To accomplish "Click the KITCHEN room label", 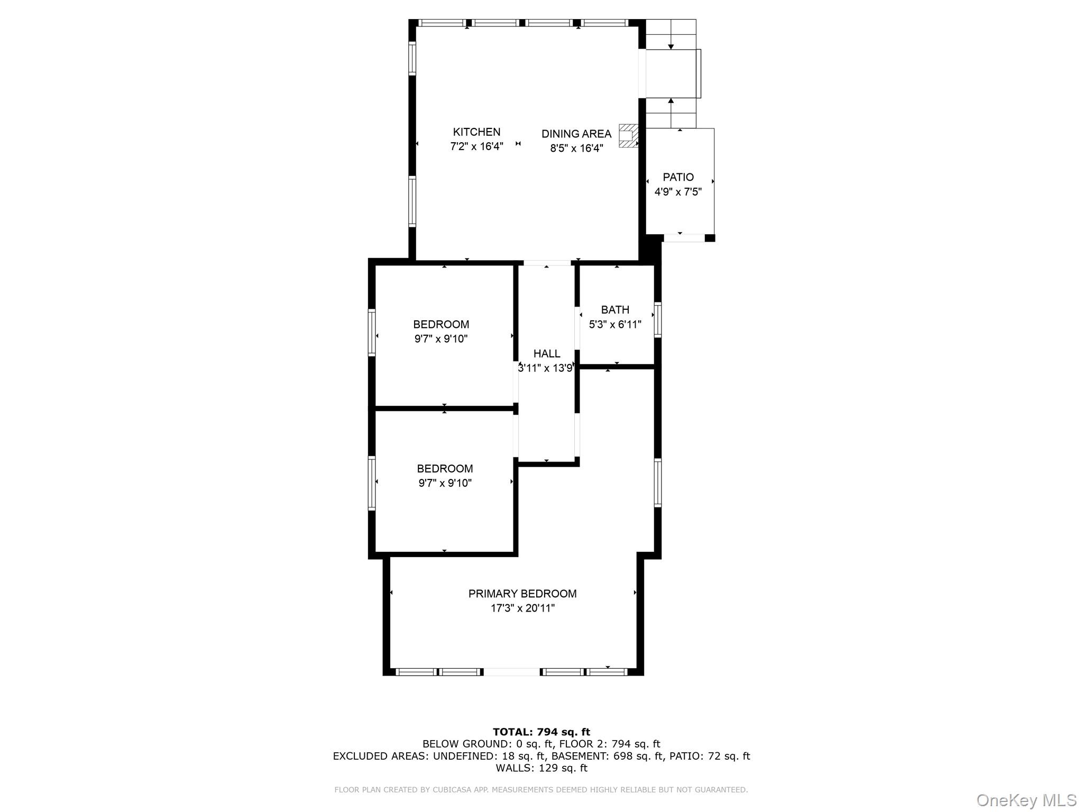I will click(x=476, y=132).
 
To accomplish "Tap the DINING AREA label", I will click(x=576, y=134).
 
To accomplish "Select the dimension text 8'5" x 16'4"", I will click(x=576, y=149).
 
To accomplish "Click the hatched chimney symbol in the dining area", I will click(x=628, y=135).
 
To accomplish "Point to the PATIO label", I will click(x=678, y=177).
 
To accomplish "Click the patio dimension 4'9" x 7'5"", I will click(x=678, y=192).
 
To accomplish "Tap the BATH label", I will click(x=615, y=310).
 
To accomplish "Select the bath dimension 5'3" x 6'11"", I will click(x=615, y=325).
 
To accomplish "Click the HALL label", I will click(x=547, y=354).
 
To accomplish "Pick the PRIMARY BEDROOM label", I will click(x=522, y=594).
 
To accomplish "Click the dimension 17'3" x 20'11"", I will click(x=522, y=608).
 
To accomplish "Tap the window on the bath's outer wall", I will click(x=658, y=319).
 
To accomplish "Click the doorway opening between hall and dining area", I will click(x=547, y=263).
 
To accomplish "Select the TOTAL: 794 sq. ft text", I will click(x=541, y=732).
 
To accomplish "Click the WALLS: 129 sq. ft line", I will click(x=541, y=768).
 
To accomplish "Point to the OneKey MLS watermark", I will click(x=1026, y=800).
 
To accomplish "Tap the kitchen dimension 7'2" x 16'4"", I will click(x=476, y=146).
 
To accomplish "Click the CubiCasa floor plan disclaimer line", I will click(x=541, y=790).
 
